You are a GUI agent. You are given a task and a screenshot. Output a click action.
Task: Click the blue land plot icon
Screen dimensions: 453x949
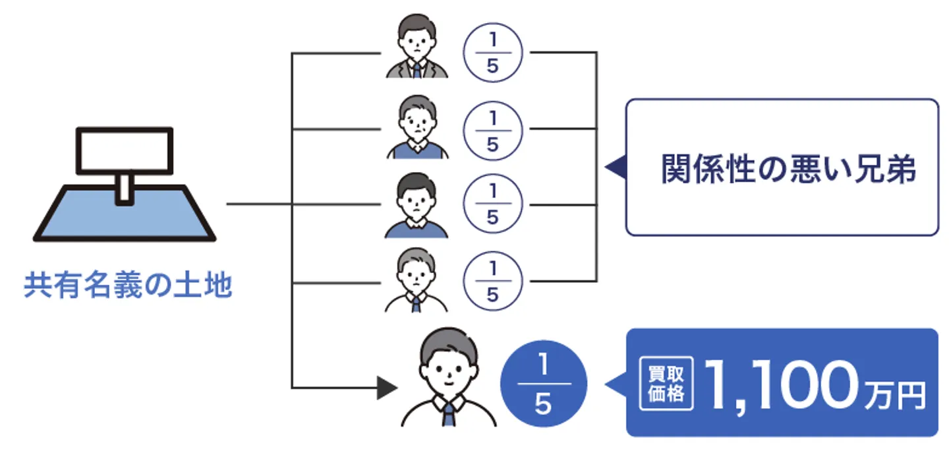pos(124,213)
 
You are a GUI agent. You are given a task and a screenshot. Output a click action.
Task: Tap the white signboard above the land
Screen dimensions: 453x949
pos(125,150)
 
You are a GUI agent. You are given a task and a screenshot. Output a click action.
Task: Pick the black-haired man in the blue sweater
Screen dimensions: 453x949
pos(417,205)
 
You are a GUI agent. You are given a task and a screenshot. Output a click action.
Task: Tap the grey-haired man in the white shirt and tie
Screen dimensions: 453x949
pos(417,282)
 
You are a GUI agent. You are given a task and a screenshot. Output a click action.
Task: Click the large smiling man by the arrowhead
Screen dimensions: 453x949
pos(448,379)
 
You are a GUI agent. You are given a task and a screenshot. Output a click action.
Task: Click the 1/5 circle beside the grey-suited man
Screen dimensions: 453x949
pos(493,53)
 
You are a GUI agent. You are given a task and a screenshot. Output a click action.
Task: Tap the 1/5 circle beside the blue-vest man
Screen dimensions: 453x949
pos(493,129)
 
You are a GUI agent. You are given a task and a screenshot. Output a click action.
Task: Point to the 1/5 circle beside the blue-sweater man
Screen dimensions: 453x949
pos(493,205)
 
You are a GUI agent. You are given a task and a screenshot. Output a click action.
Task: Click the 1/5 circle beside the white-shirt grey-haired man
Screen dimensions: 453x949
pos(493,282)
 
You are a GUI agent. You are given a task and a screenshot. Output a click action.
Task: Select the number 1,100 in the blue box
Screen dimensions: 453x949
pos(780,390)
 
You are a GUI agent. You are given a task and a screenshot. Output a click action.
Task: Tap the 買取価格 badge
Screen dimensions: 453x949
pos(666,384)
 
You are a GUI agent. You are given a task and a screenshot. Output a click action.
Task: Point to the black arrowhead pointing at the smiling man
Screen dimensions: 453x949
pos(388,388)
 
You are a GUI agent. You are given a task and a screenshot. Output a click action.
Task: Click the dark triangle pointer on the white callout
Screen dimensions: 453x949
pos(616,167)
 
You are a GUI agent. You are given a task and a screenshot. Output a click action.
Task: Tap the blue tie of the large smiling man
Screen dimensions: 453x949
pos(449,415)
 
